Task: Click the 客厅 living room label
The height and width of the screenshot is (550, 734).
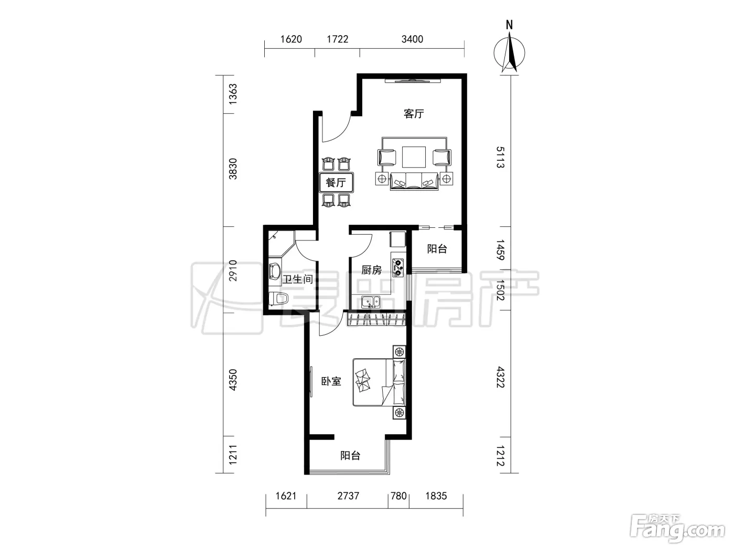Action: (x=414, y=114)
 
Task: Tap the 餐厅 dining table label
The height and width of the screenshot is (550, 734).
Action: (x=336, y=183)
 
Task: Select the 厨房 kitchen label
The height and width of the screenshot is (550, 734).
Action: (x=371, y=270)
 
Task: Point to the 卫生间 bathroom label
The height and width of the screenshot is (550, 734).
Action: (x=298, y=279)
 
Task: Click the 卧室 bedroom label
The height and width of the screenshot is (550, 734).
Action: (x=331, y=381)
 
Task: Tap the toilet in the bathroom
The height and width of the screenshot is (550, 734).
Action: (x=278, y=299)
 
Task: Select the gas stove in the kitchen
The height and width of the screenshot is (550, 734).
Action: (x=397, y=268)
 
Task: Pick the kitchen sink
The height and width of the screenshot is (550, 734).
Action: (x=371, y=302)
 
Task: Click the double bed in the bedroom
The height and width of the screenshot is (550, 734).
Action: (x=379, y=382)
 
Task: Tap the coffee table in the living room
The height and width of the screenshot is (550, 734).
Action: (x=414, y=157)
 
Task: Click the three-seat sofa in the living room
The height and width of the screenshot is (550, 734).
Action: (x=414, y=181)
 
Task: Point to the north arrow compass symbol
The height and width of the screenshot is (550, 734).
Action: (x=509, y=50)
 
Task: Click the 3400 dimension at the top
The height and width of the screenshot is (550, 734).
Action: (x=412, y=39)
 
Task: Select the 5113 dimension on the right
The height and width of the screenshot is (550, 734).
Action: (x=500, y=157)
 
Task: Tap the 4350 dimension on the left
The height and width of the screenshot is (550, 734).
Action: (x=233, y=380)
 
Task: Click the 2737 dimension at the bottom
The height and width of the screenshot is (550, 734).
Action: (x=348, y=496)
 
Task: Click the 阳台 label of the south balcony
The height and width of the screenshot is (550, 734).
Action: (x=350, y=456)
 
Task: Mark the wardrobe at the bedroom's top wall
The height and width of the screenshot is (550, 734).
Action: (x=377, y=319)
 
